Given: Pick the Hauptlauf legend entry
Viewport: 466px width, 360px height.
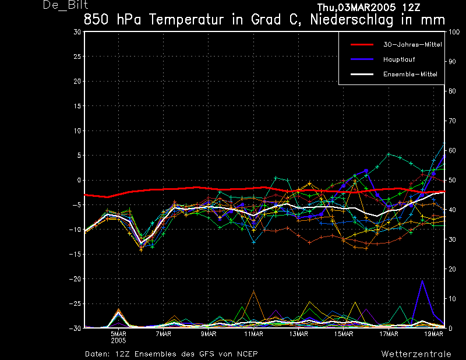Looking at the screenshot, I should coord(399,59).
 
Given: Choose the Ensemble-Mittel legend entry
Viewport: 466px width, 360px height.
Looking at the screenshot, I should coord(409,74).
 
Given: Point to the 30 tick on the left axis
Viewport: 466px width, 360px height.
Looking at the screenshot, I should coord(77,32).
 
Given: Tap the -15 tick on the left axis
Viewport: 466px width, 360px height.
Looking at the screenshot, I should coord(76,254).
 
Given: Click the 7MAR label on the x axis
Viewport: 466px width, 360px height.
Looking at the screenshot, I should coord(163,334).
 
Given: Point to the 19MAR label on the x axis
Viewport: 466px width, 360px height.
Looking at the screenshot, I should coord(433,334).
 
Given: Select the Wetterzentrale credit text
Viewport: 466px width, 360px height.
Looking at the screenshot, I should coord(416,354).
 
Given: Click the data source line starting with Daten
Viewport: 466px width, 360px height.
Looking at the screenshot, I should coord(171,354).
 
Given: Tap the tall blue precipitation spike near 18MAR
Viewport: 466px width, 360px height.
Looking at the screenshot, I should coord(422,282).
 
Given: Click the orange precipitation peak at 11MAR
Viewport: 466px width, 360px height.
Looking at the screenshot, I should coord(253,291).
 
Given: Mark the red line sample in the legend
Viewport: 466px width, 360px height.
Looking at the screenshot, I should coord(364,44).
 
